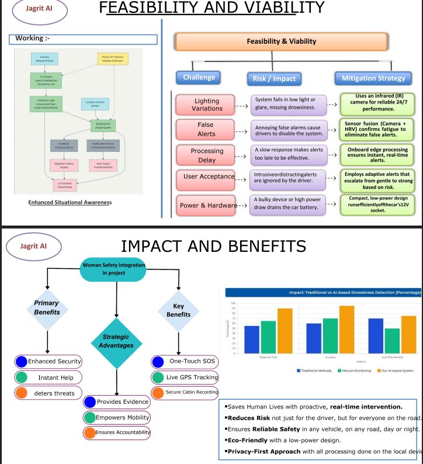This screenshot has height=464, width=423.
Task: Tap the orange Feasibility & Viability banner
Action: [281, 41]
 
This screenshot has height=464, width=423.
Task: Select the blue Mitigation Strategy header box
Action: [373, 78]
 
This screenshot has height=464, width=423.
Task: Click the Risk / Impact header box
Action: [274, 78]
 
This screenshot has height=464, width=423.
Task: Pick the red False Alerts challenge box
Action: [205, 129]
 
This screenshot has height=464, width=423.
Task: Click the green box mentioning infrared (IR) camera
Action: [377, 102]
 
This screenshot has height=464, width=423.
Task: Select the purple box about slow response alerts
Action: [288, 154]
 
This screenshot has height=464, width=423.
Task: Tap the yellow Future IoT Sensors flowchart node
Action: [113, 59]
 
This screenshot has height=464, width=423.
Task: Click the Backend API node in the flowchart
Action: [103, 126]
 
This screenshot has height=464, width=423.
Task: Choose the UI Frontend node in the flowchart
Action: [65, 185]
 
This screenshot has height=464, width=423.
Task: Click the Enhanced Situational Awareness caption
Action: [70, 202]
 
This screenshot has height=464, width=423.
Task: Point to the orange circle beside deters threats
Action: [22, 393]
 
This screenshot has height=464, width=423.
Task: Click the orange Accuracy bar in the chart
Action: [347, 330]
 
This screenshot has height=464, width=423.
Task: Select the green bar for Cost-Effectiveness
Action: [393, 341]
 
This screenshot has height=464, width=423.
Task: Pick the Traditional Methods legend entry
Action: [315, 370]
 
